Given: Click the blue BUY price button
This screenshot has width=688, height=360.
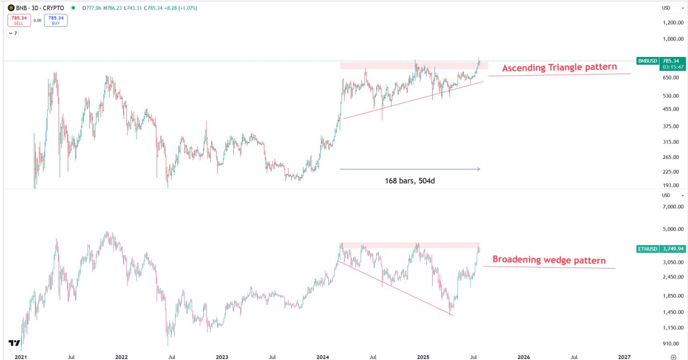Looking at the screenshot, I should (x=56, y=20).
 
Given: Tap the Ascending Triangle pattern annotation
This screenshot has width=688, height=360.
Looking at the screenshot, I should (x=560, y=68).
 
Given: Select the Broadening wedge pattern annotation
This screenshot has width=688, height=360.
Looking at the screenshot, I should (x=549, y=261).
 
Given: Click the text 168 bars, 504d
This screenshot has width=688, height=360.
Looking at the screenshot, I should (x=410, y=180).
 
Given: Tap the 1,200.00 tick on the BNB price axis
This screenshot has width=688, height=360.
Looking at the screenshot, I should (x=672, y=23).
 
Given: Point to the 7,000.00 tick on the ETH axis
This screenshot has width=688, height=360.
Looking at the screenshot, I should (x=672, y=207).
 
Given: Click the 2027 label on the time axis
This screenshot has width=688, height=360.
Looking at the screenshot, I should (x=624, y=356).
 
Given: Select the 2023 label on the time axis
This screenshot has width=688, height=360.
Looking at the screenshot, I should (x=221, y=356).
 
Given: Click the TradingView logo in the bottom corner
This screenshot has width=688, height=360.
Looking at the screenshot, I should (x=14, y=343).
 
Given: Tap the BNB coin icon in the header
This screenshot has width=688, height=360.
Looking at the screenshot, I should (x=11, y=8).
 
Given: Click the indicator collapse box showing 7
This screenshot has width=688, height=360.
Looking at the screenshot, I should (x=12, y=33).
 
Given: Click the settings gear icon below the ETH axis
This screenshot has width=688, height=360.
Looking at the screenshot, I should (x=673, y=356).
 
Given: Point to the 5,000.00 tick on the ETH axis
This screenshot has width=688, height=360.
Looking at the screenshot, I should (x=672, y=229).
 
